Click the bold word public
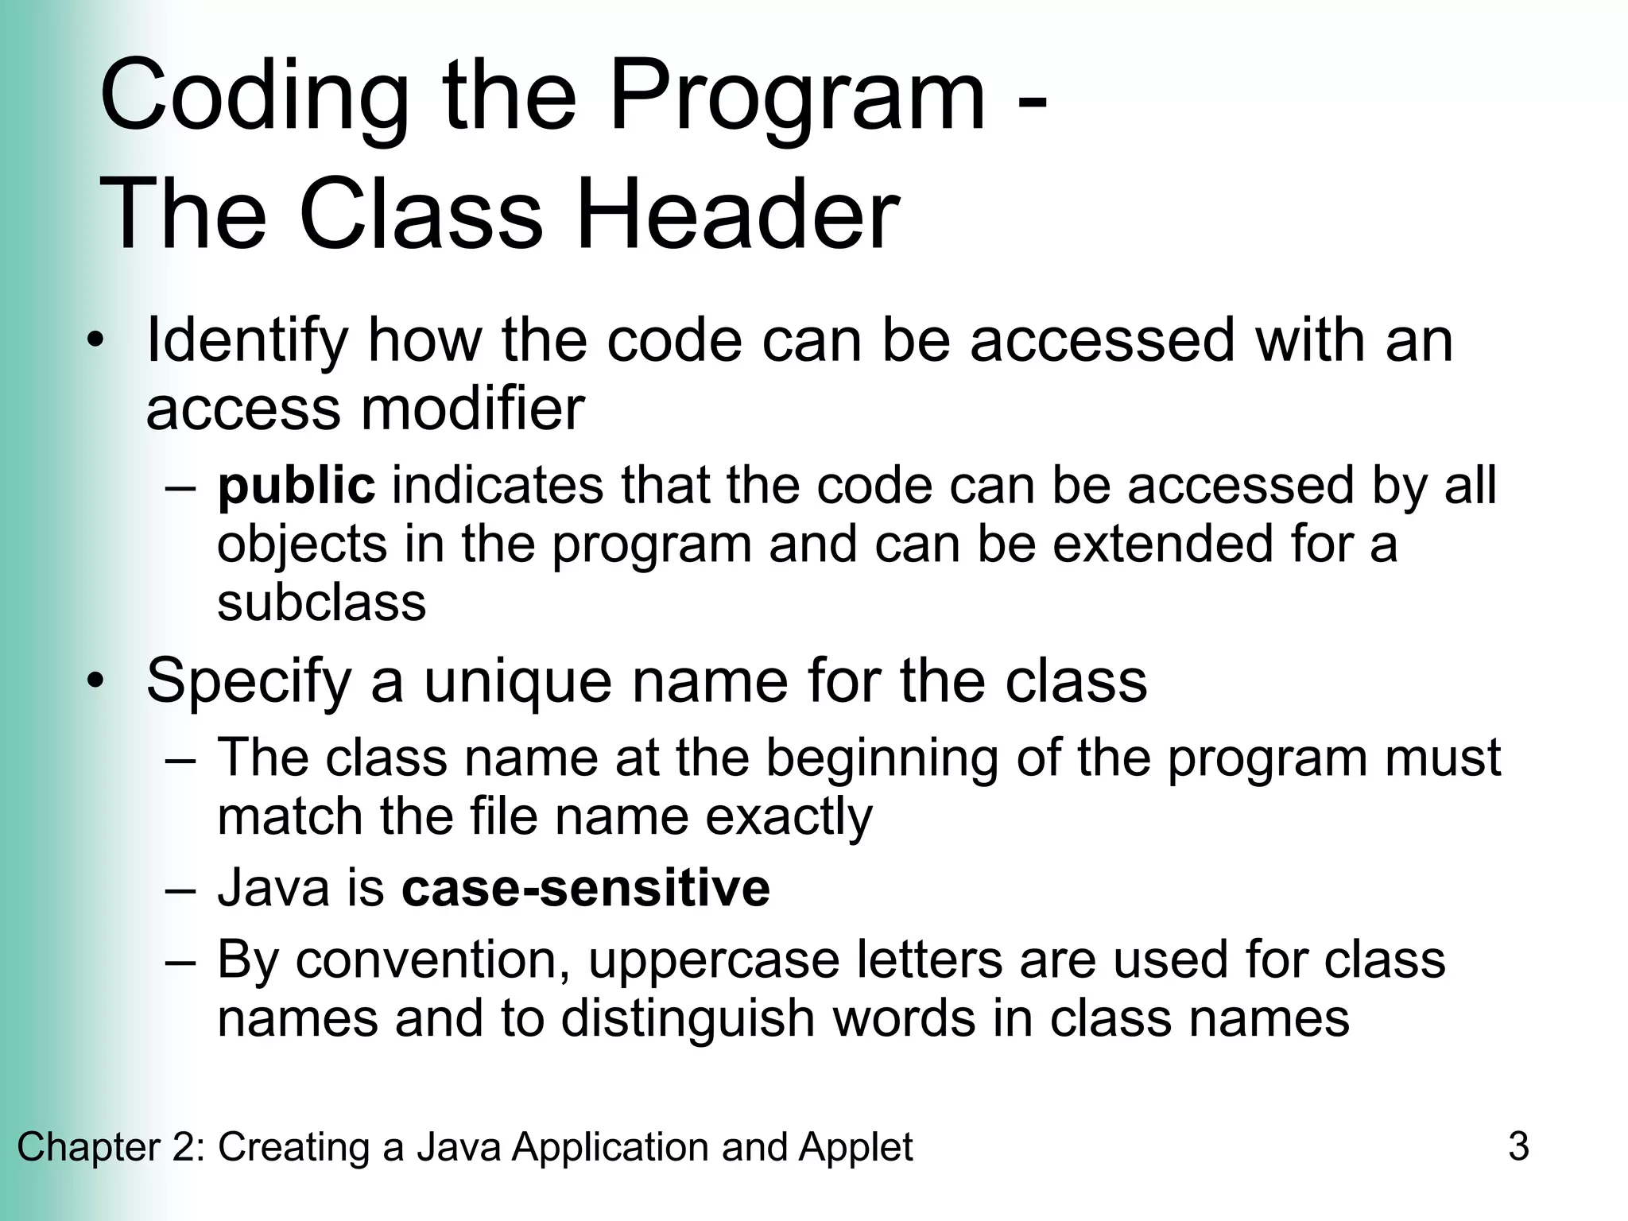point(296,486)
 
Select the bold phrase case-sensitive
point(586,888)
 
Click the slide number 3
point(1518,1147)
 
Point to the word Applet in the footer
point(855,1147)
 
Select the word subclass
point(321,603)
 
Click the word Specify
point(249,682)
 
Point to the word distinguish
point(688,1018)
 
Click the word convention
point(435,959)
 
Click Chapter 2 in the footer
point(110,1147)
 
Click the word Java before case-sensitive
point(273,888)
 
